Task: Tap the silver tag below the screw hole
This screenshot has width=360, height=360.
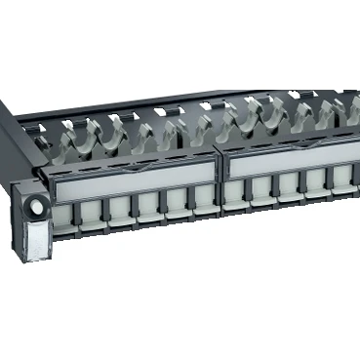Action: click(x=36, y=239)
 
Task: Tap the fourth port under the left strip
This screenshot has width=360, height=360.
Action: click(x=149, y=205)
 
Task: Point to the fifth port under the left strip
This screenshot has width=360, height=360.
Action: click(x=177, y=202)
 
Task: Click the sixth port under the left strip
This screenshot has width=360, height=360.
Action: click(x=204, y=199)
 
